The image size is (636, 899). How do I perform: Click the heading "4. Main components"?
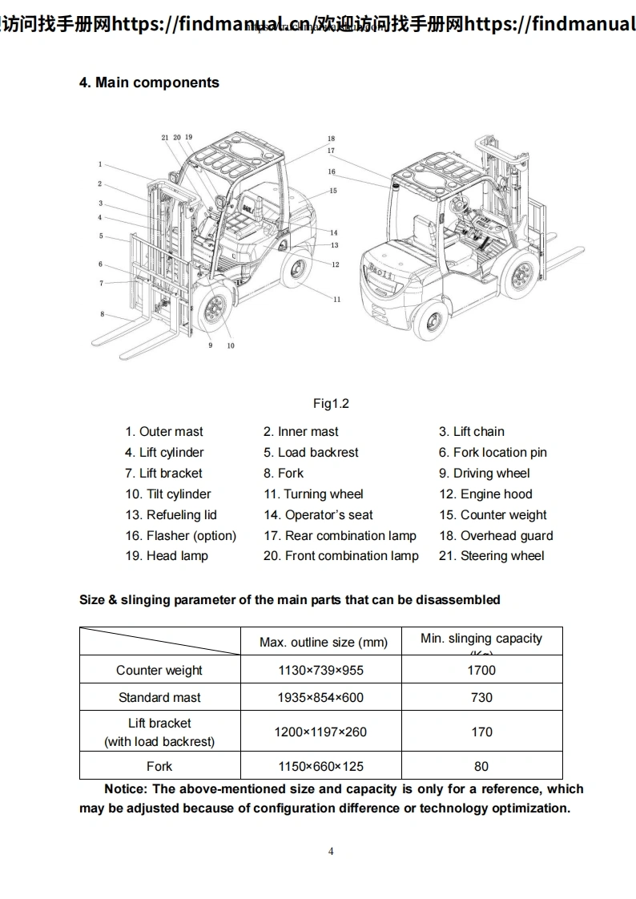point(149,83)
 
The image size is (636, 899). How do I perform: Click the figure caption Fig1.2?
point(331,404)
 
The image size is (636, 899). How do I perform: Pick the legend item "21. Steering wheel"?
point(491,556)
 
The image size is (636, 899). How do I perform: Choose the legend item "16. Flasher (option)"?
point(180,536)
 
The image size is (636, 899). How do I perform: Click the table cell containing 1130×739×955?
point(320,671)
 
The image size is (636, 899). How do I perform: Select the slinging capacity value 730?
point(481,698)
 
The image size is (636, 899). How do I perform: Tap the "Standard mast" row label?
point(159,698)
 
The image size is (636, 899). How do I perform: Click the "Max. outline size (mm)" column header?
point(324,643)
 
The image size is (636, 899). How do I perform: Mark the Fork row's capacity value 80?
point(481,767)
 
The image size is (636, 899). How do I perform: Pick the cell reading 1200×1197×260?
point(320,732)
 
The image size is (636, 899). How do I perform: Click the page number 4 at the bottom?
point(331,852)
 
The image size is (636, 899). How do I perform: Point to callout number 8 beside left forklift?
point(102,314)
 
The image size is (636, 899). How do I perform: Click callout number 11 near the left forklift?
point(337,300)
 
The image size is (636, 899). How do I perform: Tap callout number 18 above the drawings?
point(331,139)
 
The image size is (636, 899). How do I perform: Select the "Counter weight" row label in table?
point(159,671)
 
